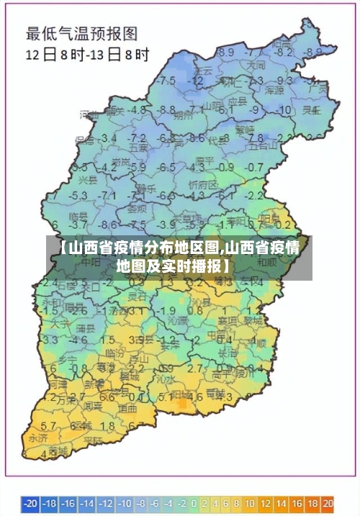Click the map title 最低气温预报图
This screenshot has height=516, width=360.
(x=82, y=32)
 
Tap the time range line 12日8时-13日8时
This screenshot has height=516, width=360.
(x=88, y=54)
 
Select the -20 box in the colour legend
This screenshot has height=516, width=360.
(x=30, y=502)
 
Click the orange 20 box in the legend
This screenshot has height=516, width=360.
(x=328, y=502)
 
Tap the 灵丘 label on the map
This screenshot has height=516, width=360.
(x=311, y=110)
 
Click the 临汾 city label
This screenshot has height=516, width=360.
(x=115, y=353)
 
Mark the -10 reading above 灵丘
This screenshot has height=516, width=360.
(x=285, y=110)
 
